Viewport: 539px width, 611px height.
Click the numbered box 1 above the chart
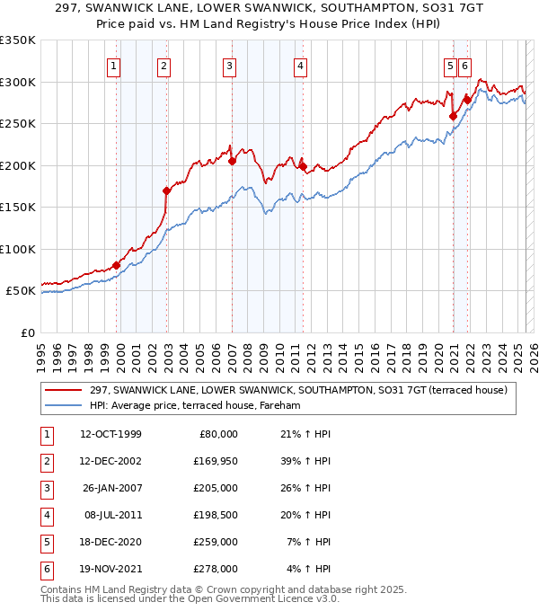tap(115, 66)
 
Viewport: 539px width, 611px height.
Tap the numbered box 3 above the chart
tap(230, 66)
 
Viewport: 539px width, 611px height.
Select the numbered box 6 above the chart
tap(464, 66)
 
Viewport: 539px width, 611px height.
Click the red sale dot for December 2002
tap(166, 190)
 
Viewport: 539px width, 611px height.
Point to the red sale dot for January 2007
tap(232, 161)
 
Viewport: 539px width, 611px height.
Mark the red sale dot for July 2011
tap(303, 166)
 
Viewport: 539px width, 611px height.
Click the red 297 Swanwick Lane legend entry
tap(299, 390)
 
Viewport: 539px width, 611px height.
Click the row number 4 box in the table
tap(44, 515)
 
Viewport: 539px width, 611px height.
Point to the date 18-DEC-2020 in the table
tap(110, 542)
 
